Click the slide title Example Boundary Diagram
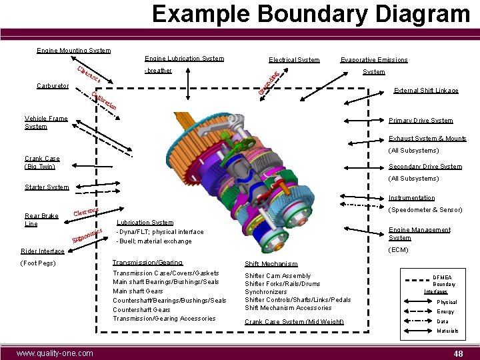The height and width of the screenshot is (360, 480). click(310, 14)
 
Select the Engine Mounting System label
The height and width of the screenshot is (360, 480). click(73, 51)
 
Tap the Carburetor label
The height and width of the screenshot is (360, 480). click(52, 86)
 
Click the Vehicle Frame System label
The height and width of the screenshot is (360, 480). click(46, 123)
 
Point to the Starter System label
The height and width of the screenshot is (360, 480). click(47, 187)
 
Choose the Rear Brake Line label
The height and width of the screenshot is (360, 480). click(41, 220)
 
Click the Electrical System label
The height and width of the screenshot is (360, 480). click(294, 60)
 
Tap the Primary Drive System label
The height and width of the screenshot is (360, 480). click(421, 121)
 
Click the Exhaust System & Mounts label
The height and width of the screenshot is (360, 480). click(427, 139)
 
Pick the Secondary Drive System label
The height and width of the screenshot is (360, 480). click(425, 167)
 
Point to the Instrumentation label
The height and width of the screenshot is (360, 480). click(411, 198)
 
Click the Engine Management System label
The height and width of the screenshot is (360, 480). click(419, 233)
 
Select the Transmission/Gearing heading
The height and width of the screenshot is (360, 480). click(147, 263)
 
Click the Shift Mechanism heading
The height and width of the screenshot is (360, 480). click(271, 264)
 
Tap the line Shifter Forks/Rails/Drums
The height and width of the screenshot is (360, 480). click(282, 284)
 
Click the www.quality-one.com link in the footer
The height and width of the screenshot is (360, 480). click(55, 353)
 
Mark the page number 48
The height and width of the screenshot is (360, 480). click(457, 353)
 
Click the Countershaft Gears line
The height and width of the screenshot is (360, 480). click(141, 309)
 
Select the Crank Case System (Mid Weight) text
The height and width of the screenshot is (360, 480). click(294, 322)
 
